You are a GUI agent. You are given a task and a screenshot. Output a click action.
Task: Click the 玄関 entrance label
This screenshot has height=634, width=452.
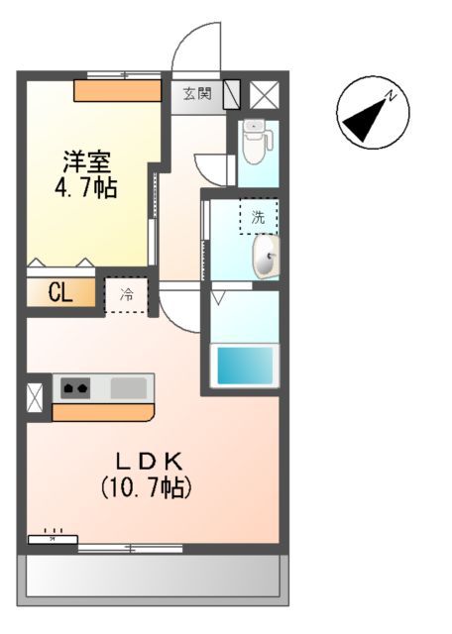click(197, 94)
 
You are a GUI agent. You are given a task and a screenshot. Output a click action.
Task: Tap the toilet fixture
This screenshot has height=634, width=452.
click(255, 143)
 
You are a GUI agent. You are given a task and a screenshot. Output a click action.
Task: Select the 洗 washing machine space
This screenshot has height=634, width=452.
click(258, 216)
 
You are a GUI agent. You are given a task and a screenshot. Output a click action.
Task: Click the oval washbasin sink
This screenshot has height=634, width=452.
click(266, 258)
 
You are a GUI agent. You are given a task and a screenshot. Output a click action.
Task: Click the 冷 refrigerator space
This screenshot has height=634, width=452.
click(127, 294)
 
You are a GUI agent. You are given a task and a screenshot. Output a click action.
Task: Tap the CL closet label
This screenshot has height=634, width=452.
click(58, 293)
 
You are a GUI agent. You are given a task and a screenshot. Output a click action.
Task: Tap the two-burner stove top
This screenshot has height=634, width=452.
click(75, 387)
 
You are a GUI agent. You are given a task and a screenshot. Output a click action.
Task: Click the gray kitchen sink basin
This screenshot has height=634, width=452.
click(128, 387)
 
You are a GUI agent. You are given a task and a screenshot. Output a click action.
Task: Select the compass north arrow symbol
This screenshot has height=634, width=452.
click(368, 114)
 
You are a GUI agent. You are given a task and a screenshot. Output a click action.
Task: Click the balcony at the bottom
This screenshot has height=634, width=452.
click(153, 576)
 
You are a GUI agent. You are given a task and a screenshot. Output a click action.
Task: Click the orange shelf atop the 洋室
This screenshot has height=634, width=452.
click(117, 90)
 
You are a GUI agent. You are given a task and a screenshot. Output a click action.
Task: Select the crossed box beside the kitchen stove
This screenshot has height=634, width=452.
click(36, 395)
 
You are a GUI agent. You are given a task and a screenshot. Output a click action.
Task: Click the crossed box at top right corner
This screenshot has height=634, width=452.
click(264, 94)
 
